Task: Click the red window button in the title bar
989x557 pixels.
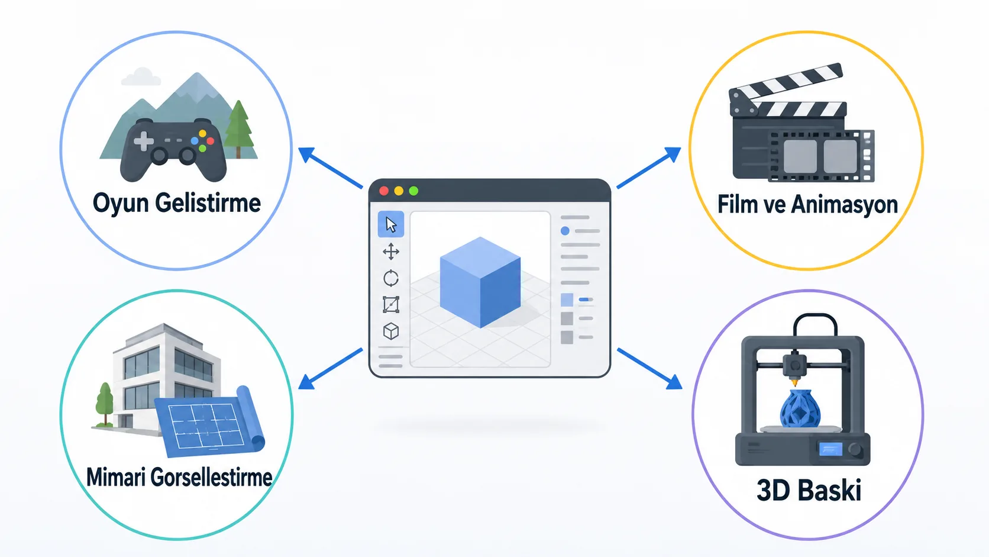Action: click(384, 191)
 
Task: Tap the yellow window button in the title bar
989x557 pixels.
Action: click(399, 191)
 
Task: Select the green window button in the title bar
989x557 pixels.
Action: click(413, 191)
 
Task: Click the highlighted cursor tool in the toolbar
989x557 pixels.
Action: click(391, 224)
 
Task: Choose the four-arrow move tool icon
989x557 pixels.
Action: click(391, 252)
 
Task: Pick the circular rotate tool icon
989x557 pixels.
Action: click(391, 278)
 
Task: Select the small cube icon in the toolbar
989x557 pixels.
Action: click(391, 331)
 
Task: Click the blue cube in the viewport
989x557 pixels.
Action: click(480, 283)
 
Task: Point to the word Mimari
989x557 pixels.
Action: click(116, 478)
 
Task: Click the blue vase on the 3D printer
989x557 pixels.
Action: click(800, 408)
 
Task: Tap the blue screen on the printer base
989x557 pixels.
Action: click(830, 449)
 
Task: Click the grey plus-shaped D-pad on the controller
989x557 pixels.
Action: click(144, 141)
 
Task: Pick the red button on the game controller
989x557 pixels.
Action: click(210, 141)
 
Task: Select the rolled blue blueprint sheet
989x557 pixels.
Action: click(210, 422)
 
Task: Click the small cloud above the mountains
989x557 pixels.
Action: click(141, 77)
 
